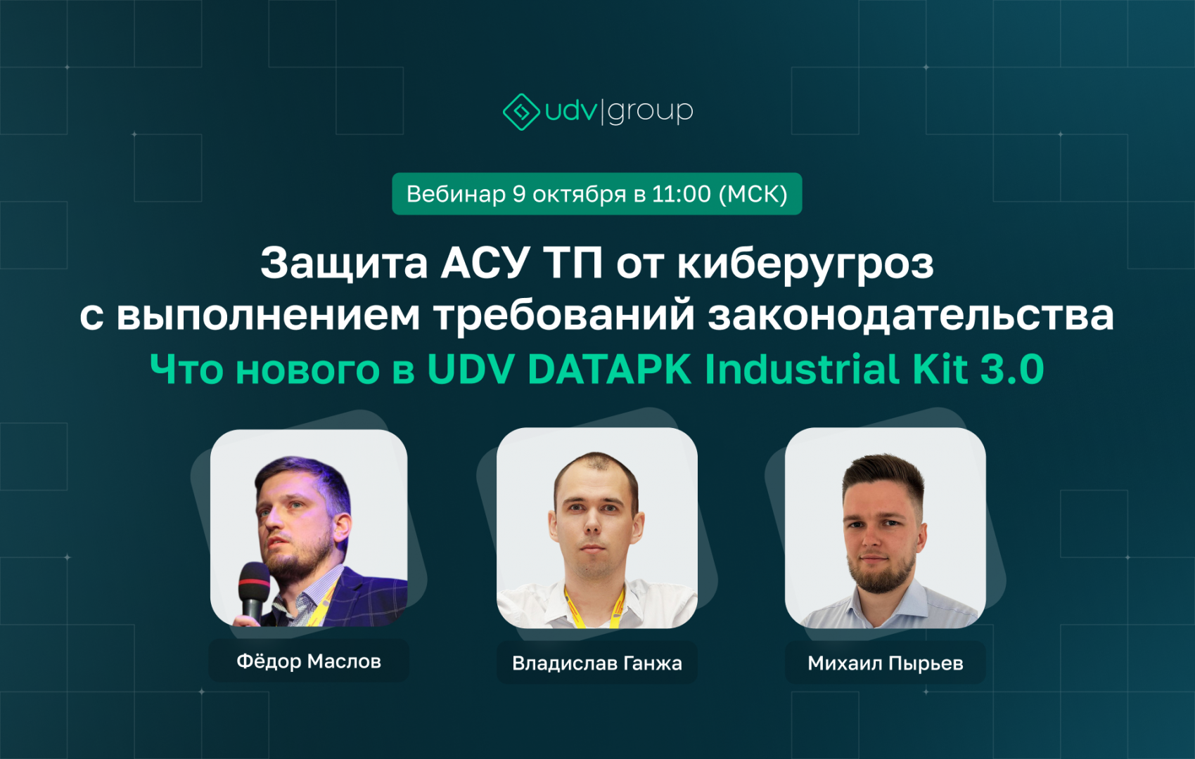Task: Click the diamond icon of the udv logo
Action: point(522,112)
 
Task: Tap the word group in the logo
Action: point(651,112)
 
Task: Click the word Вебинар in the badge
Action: point(456,194)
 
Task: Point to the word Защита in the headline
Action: point(344,264)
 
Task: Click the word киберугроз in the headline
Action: point(805,264)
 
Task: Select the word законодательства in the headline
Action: point(911,316)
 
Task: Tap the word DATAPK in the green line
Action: point(609,369)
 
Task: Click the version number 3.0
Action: point(1012,369)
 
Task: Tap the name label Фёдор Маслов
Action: point(308,661)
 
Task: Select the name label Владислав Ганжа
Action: point(597,663)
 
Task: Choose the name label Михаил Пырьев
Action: point(886,663)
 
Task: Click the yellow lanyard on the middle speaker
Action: point(619,608)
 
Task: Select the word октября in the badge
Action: point(579,195)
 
